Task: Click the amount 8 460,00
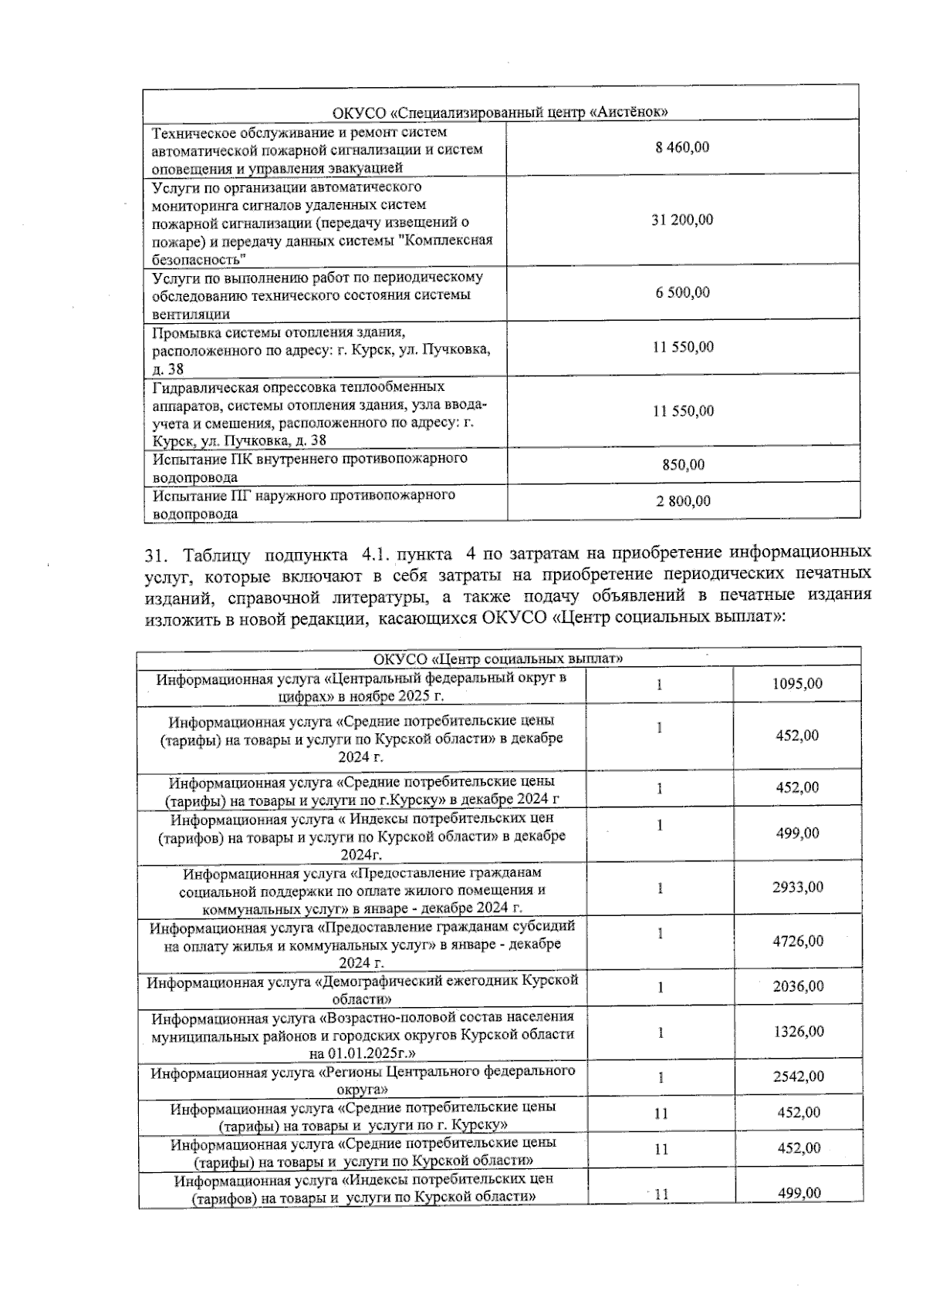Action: tap(682, 147)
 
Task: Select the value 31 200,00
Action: tap(682, 220)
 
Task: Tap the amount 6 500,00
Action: tap(682, 292)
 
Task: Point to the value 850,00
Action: tap(683, 465)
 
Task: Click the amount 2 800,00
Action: tap(683, 501)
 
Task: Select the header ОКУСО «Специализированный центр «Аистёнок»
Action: tap(500, 112)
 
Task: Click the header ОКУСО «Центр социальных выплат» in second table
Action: tap(498, 659)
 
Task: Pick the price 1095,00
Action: tap(797, 684)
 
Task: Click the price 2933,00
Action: tap(798, 887)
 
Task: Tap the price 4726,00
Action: tap(798, 941)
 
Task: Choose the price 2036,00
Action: tap(798, 986)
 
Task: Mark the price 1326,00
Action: tap(798, 1031)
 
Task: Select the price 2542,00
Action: tap(798, 1076)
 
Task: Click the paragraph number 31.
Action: tap(155, 553)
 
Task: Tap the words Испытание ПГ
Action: tap(196, 495)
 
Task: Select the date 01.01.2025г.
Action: tap(372, 1053)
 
